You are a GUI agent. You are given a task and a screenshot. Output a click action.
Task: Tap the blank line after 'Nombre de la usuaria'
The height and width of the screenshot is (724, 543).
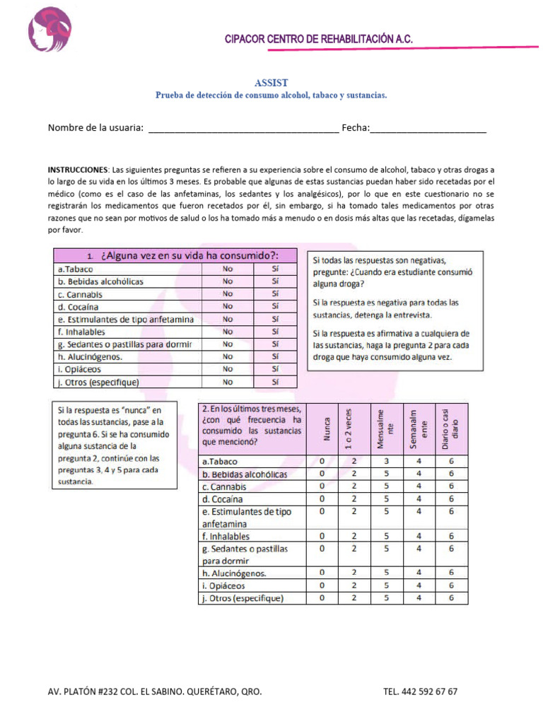pos(244,129)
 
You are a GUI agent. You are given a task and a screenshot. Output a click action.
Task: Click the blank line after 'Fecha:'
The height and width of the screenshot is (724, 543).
pos(428,129)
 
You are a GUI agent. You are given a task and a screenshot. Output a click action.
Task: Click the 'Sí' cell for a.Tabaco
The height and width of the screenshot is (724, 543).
pos(275,269)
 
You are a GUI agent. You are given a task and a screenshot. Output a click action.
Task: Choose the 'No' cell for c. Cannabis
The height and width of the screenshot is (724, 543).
pos(227,293)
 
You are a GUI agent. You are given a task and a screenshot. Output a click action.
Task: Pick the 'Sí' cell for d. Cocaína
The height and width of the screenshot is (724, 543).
pos(275,306)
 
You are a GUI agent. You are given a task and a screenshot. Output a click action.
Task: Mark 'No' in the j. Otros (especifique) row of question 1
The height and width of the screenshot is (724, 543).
pos(227,382)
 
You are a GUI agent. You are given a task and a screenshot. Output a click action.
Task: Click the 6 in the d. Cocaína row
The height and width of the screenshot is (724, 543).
pos(450,498)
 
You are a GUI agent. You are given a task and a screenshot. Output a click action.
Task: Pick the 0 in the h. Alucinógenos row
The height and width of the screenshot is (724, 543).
pos(322,572)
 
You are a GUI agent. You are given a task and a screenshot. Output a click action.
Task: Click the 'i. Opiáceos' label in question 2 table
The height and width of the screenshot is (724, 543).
pos(224,585)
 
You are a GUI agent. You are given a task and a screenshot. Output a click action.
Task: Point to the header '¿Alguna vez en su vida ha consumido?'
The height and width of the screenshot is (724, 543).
pos(181,255)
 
